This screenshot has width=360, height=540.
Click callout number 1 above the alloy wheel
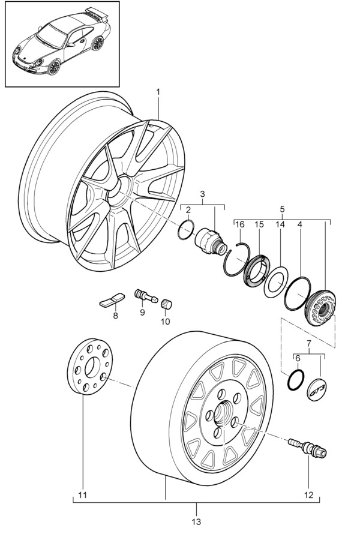pyautogui.click(x=158, y=92)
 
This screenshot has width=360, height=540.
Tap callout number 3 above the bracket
pyautogui.click(x=203, y=194)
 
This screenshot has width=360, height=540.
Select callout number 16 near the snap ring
pyautogui.click(x=241, y=224)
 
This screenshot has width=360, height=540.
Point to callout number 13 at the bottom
pyautogui.click(x=196, y=521)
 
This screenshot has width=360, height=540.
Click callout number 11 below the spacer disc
pyautogui.click(x=83, y=496)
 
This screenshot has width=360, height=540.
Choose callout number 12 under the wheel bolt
pyautogui.click(x=308, y=496)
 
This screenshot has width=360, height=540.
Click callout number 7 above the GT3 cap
pyautogui.click(x=309, y=344)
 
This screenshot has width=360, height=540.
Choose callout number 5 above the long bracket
pyautogui.click(x=282, y=210)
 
